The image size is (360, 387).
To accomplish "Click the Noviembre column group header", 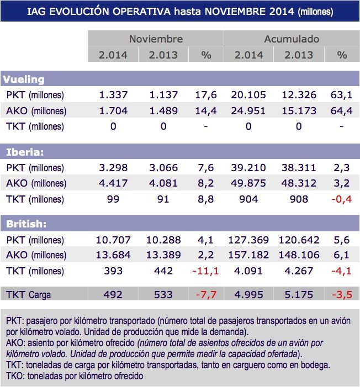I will point(155,39).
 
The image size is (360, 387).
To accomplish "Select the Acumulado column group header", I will point(291,39).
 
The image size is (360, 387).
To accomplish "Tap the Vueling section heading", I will point(25,79).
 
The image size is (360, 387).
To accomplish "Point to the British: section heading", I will point(26,224).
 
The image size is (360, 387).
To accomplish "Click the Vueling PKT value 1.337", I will point(113,94).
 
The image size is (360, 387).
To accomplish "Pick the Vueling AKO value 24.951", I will point(248,110).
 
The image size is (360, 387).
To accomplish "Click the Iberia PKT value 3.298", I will point(113,167).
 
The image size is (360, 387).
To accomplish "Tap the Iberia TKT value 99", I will point(113,199).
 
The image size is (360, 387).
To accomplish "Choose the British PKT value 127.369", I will point(248,240).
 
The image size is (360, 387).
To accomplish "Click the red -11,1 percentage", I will point(205,271).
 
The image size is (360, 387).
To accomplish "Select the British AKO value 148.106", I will point(299,256).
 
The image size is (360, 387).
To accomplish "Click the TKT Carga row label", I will point(28,294).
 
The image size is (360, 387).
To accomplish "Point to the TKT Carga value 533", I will point(163,294).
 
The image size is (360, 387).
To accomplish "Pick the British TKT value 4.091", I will point(248,271).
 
